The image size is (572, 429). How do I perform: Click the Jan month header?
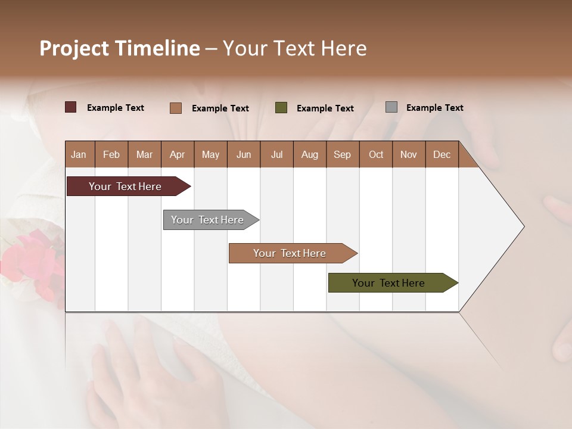click(79, 154)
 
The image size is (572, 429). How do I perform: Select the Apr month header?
click(177, 154)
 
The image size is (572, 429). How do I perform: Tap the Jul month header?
click(276, 154)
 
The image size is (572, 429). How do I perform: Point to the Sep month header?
click(342, 154)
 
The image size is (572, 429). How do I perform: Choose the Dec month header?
click(442, 154)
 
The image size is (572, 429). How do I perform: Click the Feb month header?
click(111, 154)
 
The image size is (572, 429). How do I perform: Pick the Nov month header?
click(408, 154)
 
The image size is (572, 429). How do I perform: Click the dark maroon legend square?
click(71, 107)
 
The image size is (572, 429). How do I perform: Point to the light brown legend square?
click(176, 108)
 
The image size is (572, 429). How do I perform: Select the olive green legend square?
click(281, 108)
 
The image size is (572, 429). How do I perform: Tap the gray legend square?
click(391, 107)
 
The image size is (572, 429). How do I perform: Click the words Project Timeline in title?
click(119, 48)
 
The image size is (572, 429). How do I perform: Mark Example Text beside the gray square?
click(434, 108)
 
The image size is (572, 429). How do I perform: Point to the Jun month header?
click(243, 154)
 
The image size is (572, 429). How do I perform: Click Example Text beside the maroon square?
click(115, 108)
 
